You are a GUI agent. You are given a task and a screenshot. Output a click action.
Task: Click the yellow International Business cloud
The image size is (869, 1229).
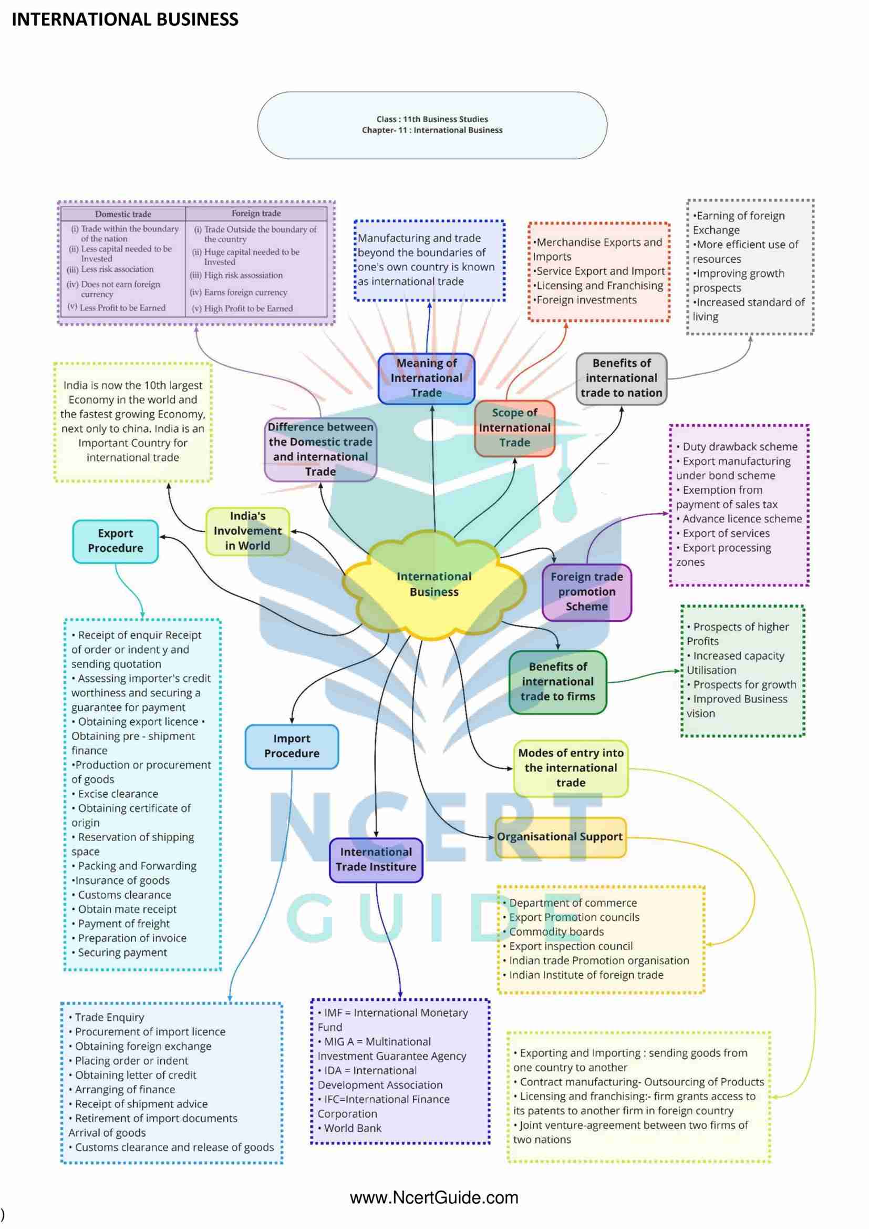coord(433,584)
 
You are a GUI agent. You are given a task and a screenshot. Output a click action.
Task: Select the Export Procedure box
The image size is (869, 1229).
coord(116,541)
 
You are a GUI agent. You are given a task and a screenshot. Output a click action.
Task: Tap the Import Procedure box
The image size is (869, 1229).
coord(292,746)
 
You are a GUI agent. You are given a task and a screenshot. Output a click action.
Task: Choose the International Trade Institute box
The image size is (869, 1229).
coord(376,859)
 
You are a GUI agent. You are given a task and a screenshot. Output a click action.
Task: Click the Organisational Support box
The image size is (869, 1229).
coord(560,837)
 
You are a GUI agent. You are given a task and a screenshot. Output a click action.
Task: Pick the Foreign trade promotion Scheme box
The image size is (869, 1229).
coord(586,592)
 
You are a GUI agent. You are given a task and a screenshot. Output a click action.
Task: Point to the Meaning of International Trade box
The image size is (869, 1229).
coord(427,378)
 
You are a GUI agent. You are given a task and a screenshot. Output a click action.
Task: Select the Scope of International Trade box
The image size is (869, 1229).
coord(514,428)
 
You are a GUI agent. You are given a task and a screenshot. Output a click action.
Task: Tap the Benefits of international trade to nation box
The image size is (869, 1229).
coord(621,378)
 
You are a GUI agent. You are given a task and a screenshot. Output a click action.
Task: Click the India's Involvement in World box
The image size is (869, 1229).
coord(247,531)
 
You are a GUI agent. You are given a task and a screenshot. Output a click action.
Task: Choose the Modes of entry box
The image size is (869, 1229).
coord(571,768)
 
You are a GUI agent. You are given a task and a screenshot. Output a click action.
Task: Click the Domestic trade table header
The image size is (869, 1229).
coord(123,214)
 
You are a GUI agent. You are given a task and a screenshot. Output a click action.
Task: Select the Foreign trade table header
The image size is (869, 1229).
coord(256,213)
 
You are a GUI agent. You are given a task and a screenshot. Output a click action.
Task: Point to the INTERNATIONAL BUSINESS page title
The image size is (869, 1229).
coord(125,20)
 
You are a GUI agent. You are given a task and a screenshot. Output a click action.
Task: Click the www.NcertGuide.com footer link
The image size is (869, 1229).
coord(434,1198)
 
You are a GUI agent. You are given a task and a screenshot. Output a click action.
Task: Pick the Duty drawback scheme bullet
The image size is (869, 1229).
coord(740,446)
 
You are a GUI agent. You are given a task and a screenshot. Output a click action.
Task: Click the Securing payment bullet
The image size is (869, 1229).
coord(122,953)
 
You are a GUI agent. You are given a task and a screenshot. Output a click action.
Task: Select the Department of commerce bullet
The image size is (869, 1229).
coord(573,903)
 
